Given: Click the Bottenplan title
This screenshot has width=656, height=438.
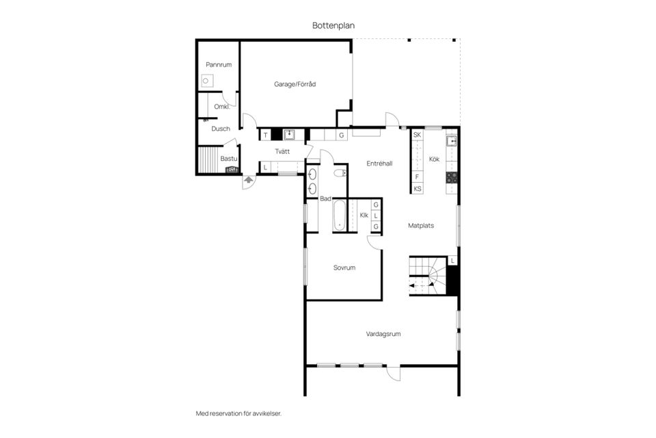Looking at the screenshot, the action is point(333,25).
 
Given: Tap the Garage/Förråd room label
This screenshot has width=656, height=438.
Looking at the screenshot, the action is point(295,84).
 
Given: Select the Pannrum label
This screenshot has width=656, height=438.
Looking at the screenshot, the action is point(219,64).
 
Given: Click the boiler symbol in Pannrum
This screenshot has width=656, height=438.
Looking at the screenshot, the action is point(206,81).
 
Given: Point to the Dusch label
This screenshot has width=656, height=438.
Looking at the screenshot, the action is point(221,129).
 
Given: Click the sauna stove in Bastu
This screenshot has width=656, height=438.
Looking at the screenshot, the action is point(232,170).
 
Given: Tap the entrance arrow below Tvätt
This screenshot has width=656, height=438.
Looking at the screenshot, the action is point(249,180).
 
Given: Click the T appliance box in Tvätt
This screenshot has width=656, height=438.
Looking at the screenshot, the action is point(265,135).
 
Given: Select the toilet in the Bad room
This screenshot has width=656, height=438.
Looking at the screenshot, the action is point(340,172).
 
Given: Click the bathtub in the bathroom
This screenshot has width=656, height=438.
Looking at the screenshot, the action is point(340,215).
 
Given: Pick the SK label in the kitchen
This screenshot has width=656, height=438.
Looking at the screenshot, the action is point(417,135).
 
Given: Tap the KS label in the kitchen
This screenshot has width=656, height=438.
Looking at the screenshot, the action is point(418,189).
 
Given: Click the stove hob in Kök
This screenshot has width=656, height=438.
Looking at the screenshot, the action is point(452,178).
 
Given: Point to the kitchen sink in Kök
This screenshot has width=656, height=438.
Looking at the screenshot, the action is point(452,141).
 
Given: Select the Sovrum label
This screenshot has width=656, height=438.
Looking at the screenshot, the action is point(344,268).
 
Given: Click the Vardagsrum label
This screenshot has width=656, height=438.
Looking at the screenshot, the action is point(383,334).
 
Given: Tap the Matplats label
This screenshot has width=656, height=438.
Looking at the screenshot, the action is point(421,225).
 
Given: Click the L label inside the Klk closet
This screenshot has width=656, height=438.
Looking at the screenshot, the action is point(376,216).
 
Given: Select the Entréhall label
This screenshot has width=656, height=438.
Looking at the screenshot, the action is point(379,164).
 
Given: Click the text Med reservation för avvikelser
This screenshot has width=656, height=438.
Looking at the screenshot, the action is point(239,413).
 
